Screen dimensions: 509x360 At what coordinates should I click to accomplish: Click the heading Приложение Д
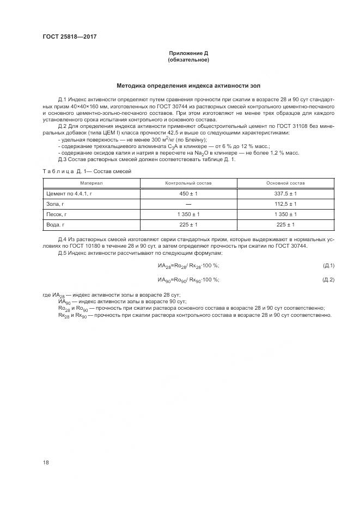tap(188, 53)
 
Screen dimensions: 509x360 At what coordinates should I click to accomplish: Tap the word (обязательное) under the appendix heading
tap(188, 60)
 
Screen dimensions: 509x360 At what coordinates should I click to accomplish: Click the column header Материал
tap(91, 183)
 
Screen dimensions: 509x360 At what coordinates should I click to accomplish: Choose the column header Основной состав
tap(285, 183)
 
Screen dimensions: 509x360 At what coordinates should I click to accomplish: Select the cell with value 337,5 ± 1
tap(285, 193)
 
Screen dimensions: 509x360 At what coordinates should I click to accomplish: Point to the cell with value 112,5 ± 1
tap(285, 204)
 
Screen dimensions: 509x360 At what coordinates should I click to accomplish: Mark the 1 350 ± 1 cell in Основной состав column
tap(285, 214)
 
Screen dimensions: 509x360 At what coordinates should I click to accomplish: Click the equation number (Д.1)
tap(328, 265)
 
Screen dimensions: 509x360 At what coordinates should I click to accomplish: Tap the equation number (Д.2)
tap(328, 280)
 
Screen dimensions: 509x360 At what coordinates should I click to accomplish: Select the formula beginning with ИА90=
tap(188, 280)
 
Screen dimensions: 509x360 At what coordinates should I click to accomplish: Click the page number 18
tap(46, 462)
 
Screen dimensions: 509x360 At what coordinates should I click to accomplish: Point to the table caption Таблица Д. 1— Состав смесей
tap(86, 171)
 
